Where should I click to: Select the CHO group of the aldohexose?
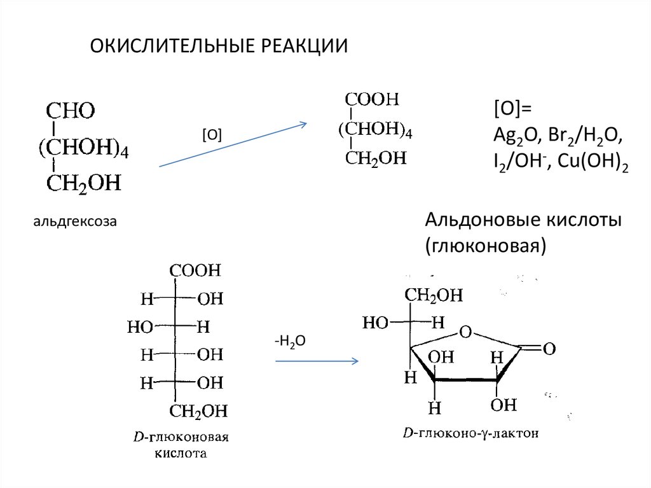[70, 111]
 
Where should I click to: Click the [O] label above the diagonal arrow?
[211, 134]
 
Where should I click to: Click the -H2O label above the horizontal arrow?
[291, 342]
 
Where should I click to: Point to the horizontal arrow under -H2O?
[317, 361]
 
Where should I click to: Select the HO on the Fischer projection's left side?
[140, 327]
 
